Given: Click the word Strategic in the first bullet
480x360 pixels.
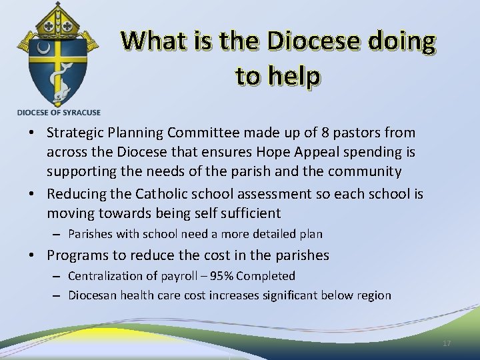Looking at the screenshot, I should [74, 133].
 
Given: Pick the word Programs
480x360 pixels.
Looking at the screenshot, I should [75, 255].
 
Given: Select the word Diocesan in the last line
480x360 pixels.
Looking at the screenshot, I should [93, 295].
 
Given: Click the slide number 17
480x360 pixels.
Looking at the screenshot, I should [447, 343].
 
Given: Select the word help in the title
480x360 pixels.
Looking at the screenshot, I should [293, 76].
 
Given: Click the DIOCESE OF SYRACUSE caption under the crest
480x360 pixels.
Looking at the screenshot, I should [58, 112].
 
